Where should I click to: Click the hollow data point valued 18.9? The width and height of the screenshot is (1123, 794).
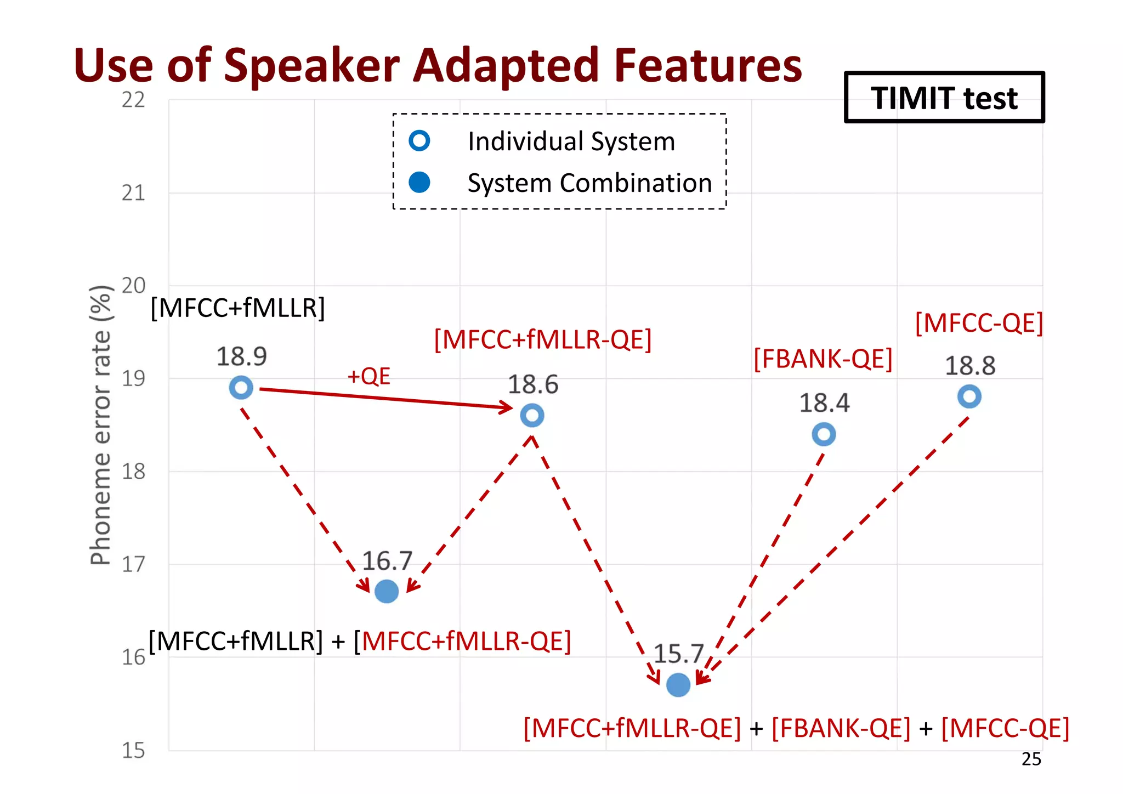[241, 388]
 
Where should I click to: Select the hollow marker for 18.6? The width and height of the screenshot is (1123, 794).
[532, 415]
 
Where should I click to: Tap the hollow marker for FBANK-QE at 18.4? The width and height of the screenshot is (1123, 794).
[824, 434]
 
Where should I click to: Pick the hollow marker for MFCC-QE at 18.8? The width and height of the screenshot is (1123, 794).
[969, 396]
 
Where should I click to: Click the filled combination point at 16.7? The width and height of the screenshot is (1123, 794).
[387, 591]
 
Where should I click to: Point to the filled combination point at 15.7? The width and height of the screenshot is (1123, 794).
[678, 684]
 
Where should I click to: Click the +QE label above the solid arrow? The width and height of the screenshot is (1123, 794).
[368, 376]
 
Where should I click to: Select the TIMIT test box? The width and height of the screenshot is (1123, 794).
[944, 98]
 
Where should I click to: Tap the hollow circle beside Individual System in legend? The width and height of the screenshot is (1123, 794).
[419, 141]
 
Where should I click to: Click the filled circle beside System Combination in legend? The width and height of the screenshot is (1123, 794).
[419, 182]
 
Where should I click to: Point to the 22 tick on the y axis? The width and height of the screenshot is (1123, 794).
[133, 100]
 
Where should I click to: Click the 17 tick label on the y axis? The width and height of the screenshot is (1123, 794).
[133, 564]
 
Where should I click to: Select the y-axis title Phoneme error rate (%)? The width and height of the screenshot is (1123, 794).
[101, 425]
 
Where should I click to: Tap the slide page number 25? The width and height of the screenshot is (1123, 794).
[1031, 759]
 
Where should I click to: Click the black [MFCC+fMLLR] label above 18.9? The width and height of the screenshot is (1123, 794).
[237, 308]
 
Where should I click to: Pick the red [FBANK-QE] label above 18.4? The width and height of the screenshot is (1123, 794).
[823, 359]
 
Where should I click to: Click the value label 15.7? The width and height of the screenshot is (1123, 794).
[678, 654]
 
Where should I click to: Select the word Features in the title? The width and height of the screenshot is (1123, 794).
[708, 66]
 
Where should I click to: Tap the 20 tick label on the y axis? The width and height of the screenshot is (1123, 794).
[133, 286]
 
